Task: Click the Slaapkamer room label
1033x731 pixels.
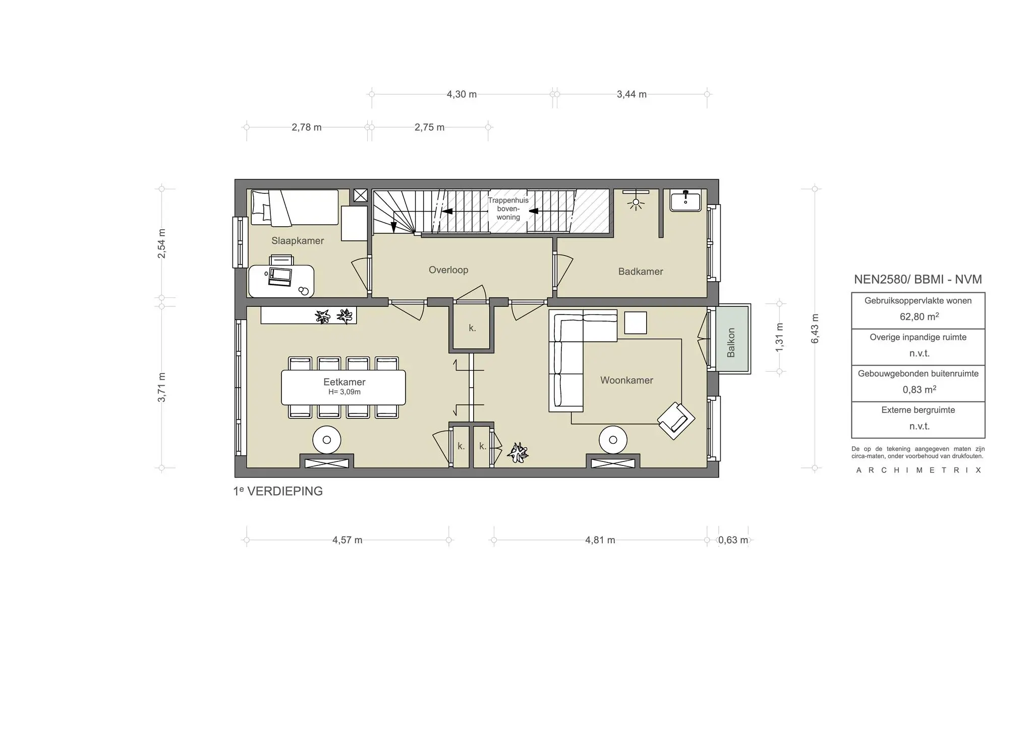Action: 298,241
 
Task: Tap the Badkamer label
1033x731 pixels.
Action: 641,272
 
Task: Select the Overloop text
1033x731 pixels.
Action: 448,270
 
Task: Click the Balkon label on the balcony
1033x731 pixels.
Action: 731,343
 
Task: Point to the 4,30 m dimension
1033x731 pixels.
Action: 462,94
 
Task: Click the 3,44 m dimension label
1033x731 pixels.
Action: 632,94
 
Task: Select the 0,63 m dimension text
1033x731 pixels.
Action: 733,540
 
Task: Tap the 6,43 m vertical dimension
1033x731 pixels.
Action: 815,329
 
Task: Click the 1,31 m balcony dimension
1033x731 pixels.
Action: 780,337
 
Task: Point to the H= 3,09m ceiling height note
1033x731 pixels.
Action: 345,392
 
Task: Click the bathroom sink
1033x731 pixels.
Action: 685,200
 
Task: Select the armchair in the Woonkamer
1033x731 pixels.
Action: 676,421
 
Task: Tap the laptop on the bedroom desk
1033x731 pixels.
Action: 280,277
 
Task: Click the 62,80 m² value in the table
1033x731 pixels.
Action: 919,317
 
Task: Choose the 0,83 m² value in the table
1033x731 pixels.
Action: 919,390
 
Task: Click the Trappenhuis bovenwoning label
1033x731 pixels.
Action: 508,208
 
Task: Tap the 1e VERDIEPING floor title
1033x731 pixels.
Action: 278,491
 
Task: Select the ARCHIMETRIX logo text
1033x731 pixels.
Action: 919,470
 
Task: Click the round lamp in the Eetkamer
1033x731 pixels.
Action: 326,440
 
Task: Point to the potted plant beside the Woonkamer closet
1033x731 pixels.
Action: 518,452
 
